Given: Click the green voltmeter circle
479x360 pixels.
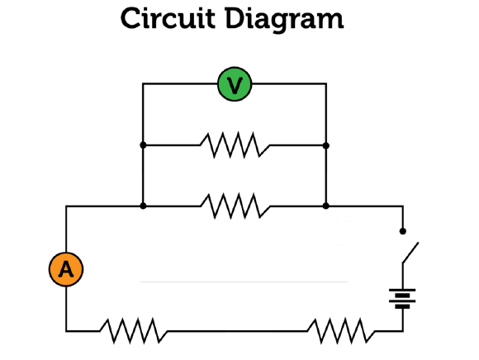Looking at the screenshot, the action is (x=235, y=84).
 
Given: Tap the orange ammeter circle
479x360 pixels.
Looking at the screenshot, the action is (x=66, y=269).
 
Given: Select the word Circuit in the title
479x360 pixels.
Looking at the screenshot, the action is (x=168, y=18).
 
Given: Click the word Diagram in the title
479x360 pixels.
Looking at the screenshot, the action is (x=284, y=20).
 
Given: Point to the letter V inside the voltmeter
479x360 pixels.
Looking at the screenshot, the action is (x=235, y=85).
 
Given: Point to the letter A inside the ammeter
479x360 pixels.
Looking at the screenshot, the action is (x=66, y=269).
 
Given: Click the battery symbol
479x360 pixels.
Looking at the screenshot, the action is (x=402, y=299).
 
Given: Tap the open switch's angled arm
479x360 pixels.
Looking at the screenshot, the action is (x=410, y=252).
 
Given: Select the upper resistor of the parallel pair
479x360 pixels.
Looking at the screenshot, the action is (x=235, y=144).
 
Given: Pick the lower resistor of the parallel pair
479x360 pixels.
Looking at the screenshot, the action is (x=235, y=206).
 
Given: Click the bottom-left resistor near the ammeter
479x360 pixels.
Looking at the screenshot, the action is (x=134, y=330).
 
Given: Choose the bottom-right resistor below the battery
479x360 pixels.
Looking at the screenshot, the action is (x=341, y=330).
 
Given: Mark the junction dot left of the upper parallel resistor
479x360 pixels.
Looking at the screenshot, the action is (x=143, y=145).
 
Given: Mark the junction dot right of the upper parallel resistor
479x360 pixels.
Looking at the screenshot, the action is (x=326, y=145).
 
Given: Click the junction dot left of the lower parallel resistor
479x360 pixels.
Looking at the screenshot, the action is (x=143, y=206).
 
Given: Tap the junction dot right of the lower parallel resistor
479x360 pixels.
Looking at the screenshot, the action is (x=326, y=206).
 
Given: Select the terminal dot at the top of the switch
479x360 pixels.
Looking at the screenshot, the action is (x=403, y=231).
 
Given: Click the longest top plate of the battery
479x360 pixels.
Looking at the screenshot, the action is (x=402, y=290).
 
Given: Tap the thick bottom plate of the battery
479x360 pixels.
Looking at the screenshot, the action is (x=402, y=306).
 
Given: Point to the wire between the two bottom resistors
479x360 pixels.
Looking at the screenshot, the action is (x=237, y=330).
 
